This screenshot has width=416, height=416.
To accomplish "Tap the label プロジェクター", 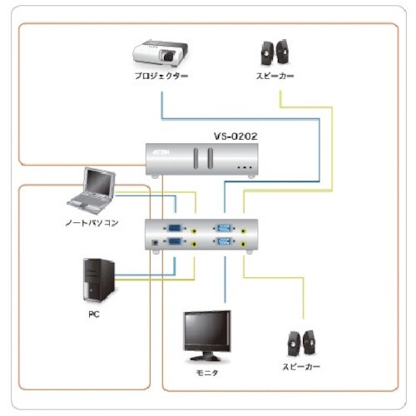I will tap(161, 77).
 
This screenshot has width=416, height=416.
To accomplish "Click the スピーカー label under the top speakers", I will tap(274, 77).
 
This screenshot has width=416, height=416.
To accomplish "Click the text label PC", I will tap(93, 315).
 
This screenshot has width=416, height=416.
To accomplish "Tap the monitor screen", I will tap(207, 331).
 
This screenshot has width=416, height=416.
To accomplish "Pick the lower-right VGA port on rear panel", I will tap(224, 243).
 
